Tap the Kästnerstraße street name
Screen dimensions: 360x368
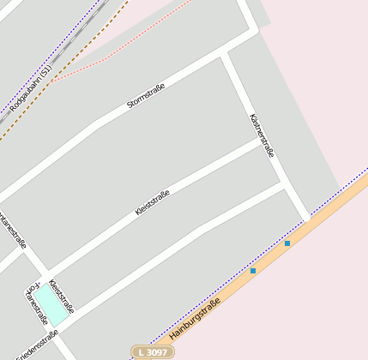261,135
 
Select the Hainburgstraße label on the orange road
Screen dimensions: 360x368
196,316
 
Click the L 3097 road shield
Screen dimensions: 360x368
151,352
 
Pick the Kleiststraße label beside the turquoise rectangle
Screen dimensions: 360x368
62,296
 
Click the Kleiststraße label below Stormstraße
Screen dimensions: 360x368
153,202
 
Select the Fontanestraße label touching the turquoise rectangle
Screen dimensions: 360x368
36,305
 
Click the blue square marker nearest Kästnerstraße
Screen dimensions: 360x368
287,243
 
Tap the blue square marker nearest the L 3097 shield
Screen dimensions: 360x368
252,271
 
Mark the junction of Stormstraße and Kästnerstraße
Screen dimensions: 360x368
226,53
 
